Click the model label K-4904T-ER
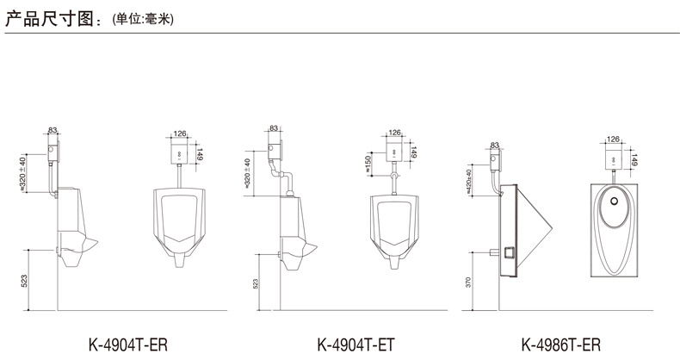pyautogui.click(x=128, y=345)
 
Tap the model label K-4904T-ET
pyautogui.click(x=356, y=345)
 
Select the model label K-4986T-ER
pyautogui.click(x=561, y=345)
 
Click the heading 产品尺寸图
pyautogui.click(x=49, y=19)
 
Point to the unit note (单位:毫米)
pyautogui.click(x=143, y=20)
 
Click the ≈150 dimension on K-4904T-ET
pyautogui.click(x=369, y=164)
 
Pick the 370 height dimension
pyautogui.click(x=468, y=282)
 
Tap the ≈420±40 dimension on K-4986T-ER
pyautogui.click(x=469, y=182)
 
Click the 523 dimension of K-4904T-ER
pyautogui.click(x=24, y=281)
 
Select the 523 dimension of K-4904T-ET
pyautogui.click(x=256, y=283)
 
